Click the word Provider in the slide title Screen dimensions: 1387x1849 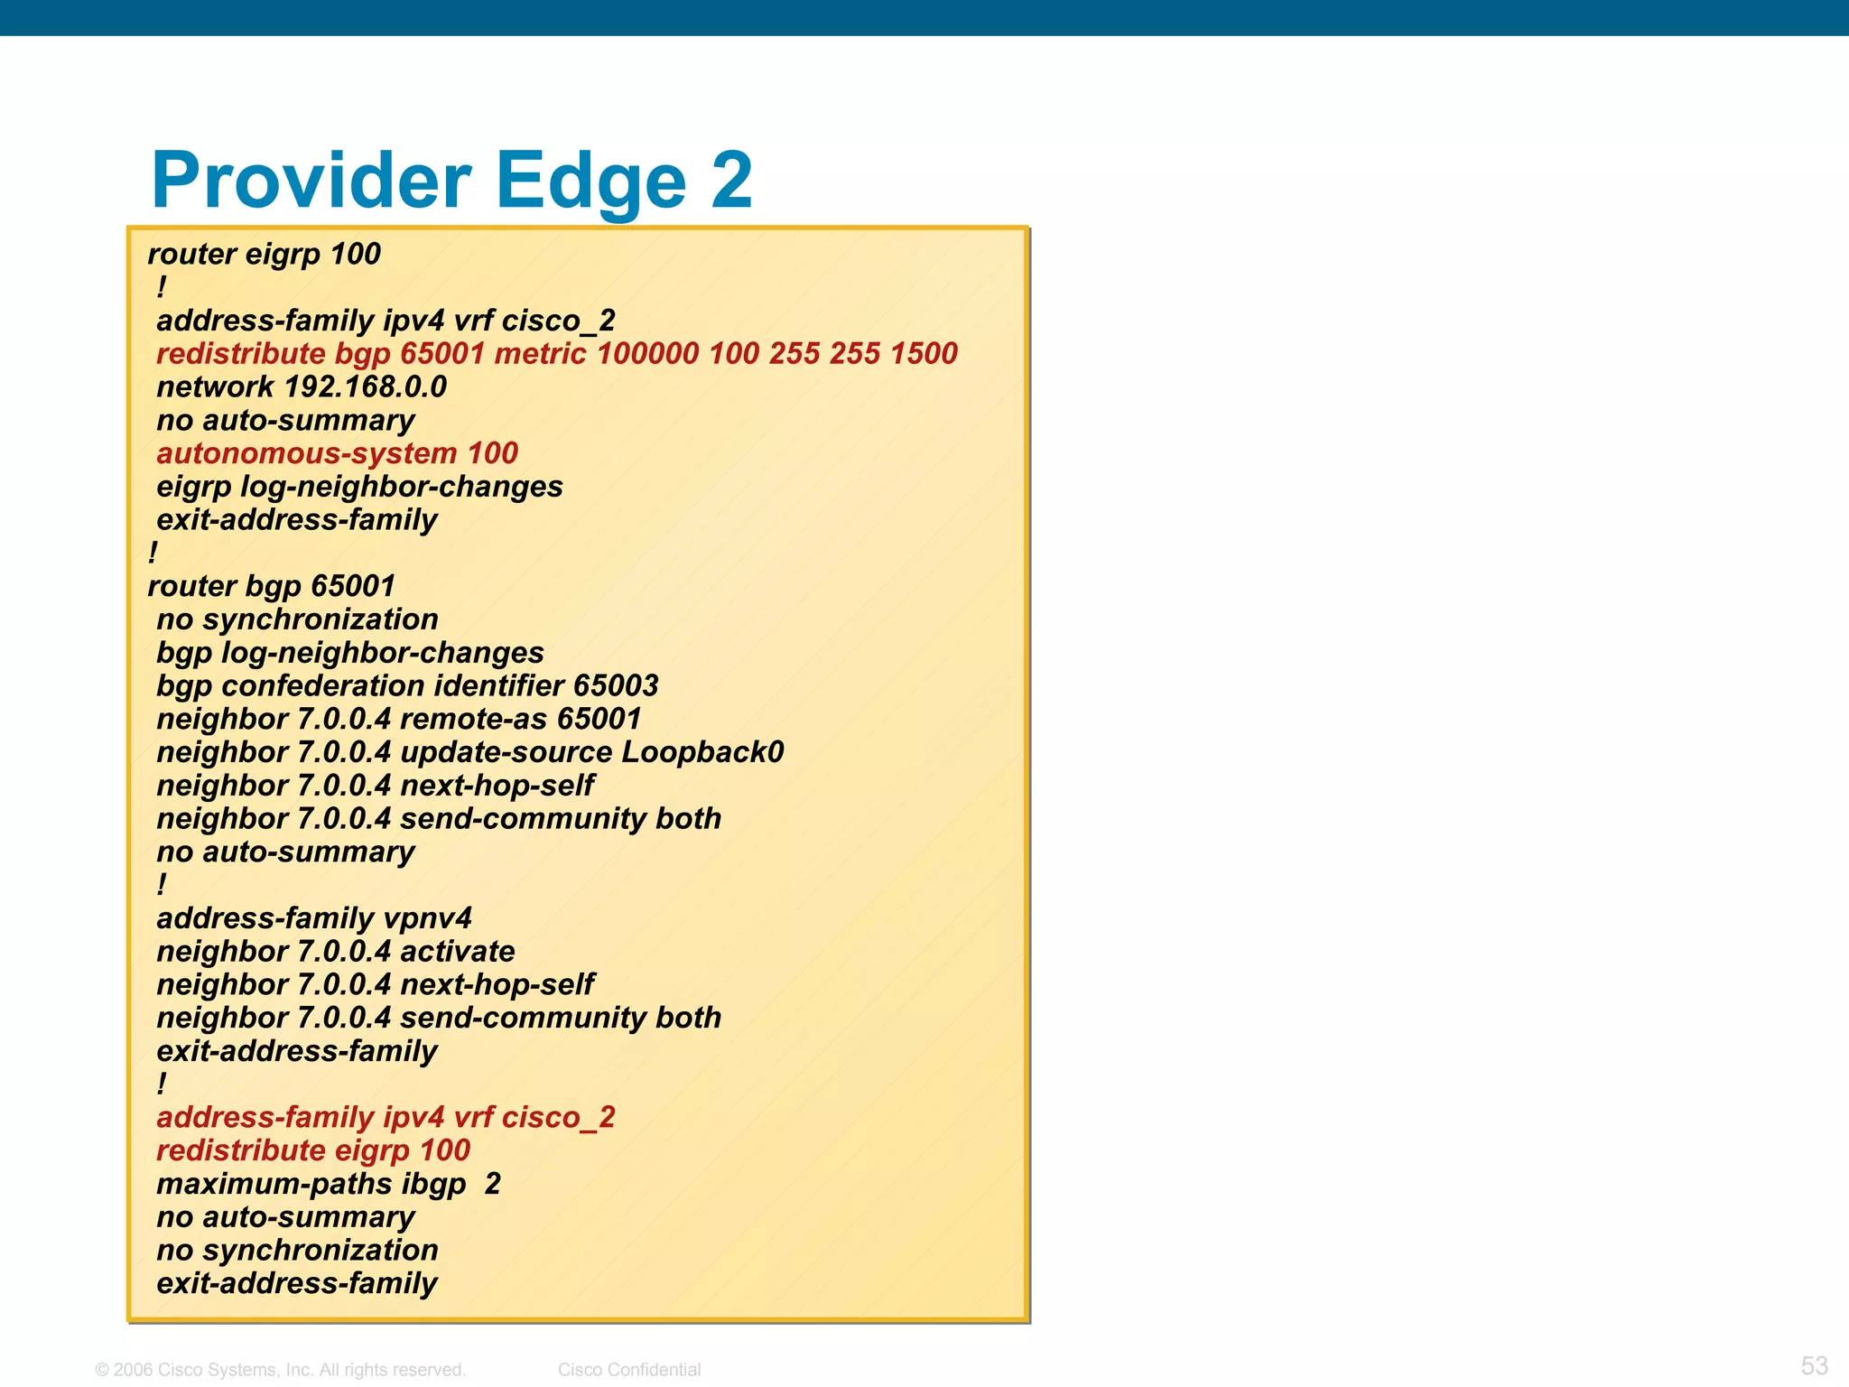coord(311,181)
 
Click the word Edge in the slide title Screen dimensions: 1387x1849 coord(591,181)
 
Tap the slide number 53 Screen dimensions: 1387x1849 coord(1814,1365)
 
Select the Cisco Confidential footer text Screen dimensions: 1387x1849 coord(629,1370)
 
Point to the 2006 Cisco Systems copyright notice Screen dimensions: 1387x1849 coord(281,1370)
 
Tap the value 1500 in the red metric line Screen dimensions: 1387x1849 coord(923,354)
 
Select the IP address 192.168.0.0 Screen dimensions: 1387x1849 coord(365,387)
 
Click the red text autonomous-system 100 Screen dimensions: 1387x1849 coord(337,453)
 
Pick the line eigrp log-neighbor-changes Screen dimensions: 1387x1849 coord(359,487)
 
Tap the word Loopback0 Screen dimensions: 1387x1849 coord(702,752)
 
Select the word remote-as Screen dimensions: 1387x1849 coord(474,720)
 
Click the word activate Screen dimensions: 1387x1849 coord(457,952)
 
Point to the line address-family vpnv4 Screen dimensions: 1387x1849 coord(314,918)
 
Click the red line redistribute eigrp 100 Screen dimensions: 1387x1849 coord(313,1151)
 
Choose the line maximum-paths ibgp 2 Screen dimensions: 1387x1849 coord(328,1184)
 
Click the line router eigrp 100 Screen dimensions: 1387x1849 coord(265,255)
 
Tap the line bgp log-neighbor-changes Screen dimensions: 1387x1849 coord(350,653)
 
